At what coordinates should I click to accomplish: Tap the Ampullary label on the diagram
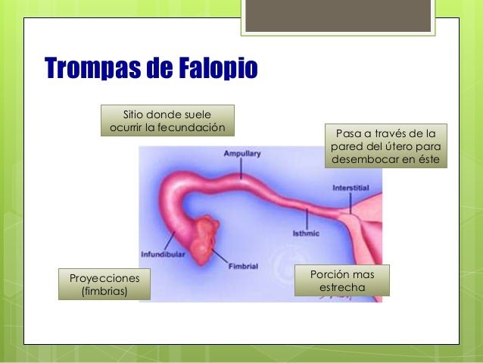pyautogui.click(x=242, y=154)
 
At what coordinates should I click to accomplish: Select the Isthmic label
pyautogui.click(x=307, y=233)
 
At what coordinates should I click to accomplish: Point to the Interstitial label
pyautogui.click(x=351, y=186)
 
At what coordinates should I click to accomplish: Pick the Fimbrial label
pyautogui.click(x=243, y=266)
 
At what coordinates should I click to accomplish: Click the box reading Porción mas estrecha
pyautogui.click(x=344, y=280)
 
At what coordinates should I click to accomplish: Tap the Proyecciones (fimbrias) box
pyautogui.click(x=104, y=283)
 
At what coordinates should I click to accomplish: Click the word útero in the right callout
pyautogui.click(x=385, y=146)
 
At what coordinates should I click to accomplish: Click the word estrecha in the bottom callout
pyautogui.click(x=344, y=289)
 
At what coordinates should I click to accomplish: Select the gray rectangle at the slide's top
pyautogui.click(x=338, y=16)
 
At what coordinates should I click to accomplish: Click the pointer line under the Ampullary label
pyautogui.click(x=241, y=168)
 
